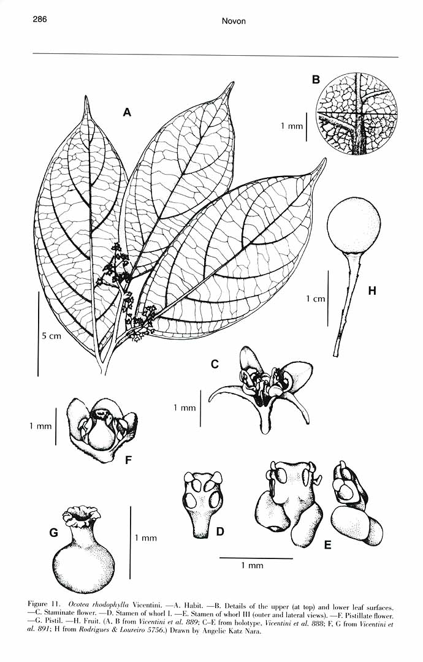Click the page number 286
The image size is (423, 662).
pos(39,20)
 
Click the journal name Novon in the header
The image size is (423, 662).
pos(234,21)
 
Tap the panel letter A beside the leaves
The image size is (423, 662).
pos(127,112)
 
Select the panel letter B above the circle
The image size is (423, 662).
pos(316,79)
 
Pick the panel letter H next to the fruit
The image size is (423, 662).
pos(372,291)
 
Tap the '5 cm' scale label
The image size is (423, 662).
pos(51,336)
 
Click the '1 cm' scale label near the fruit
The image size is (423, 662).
pos(316,299)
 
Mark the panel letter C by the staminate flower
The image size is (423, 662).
pos(215,363)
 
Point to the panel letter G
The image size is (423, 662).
pos(53,533)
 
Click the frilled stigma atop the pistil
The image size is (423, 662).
pos(82,512)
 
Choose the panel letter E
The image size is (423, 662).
pos(327,545)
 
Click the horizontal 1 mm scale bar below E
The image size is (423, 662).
pos(256,558)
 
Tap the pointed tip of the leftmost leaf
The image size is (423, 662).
pos(86,97)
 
